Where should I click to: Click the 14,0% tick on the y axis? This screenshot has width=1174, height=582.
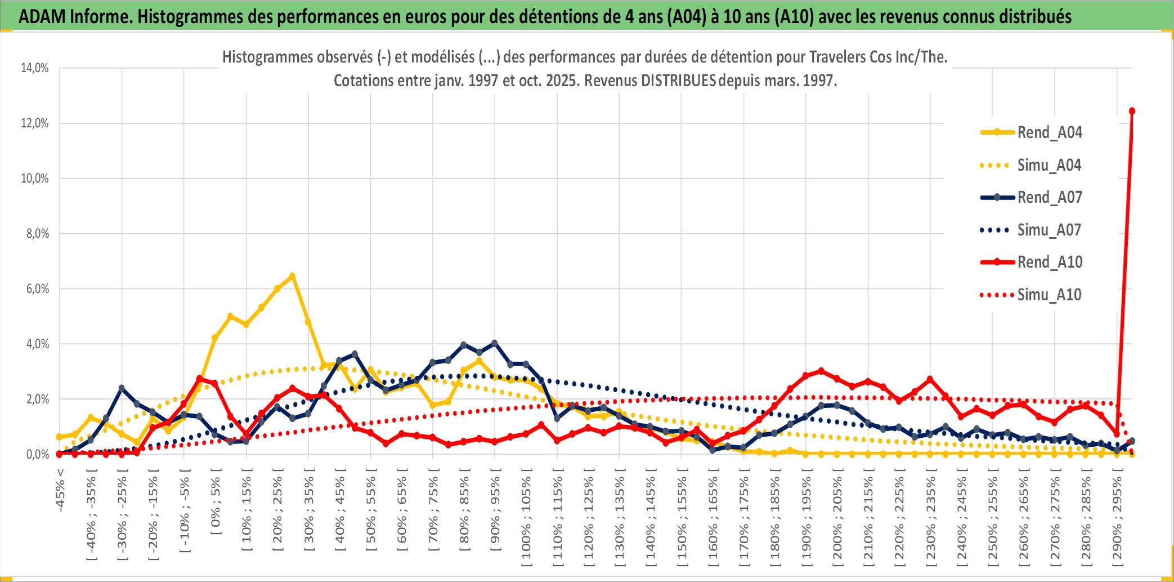pyautogui.click(x=35, y=68)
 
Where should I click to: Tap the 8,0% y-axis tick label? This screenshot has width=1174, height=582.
pyautogui.click(x=37, y=233)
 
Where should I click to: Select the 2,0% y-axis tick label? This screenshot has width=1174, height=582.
pyautogui.click(x=37, y=399)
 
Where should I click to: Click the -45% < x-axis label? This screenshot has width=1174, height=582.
pyautogui.click(x=60, y=490)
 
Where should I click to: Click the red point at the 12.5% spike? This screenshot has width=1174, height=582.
pyautogui.click(x=1132, y=111)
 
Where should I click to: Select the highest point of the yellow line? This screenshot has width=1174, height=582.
pyautogui.click(x=292, y=276)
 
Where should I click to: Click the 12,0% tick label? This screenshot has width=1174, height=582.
pyautogui.click(x=35, y=123)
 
